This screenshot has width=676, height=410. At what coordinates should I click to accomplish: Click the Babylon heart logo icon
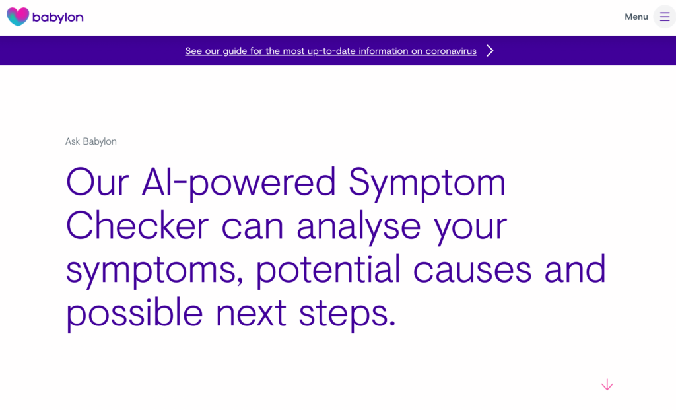coord(18,17)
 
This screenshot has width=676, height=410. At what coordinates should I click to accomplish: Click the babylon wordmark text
coord(58,18)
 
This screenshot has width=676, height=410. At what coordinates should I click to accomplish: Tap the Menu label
coord(636,17)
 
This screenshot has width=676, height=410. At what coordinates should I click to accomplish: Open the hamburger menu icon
coord(664,17)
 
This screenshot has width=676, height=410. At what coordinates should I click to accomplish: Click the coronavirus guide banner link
coord(331,51)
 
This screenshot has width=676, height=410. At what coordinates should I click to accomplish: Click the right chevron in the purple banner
coord(490,50)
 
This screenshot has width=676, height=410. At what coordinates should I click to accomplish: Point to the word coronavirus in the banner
coord(451,51)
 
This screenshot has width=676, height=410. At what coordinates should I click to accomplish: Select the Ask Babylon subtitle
coord(91,141)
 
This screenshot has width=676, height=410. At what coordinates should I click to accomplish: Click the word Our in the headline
coord(98,182)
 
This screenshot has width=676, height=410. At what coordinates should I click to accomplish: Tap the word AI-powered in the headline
coord(238,184)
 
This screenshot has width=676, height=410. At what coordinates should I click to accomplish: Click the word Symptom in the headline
coord(427,184)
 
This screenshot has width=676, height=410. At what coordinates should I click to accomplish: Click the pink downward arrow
coord(607,384)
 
